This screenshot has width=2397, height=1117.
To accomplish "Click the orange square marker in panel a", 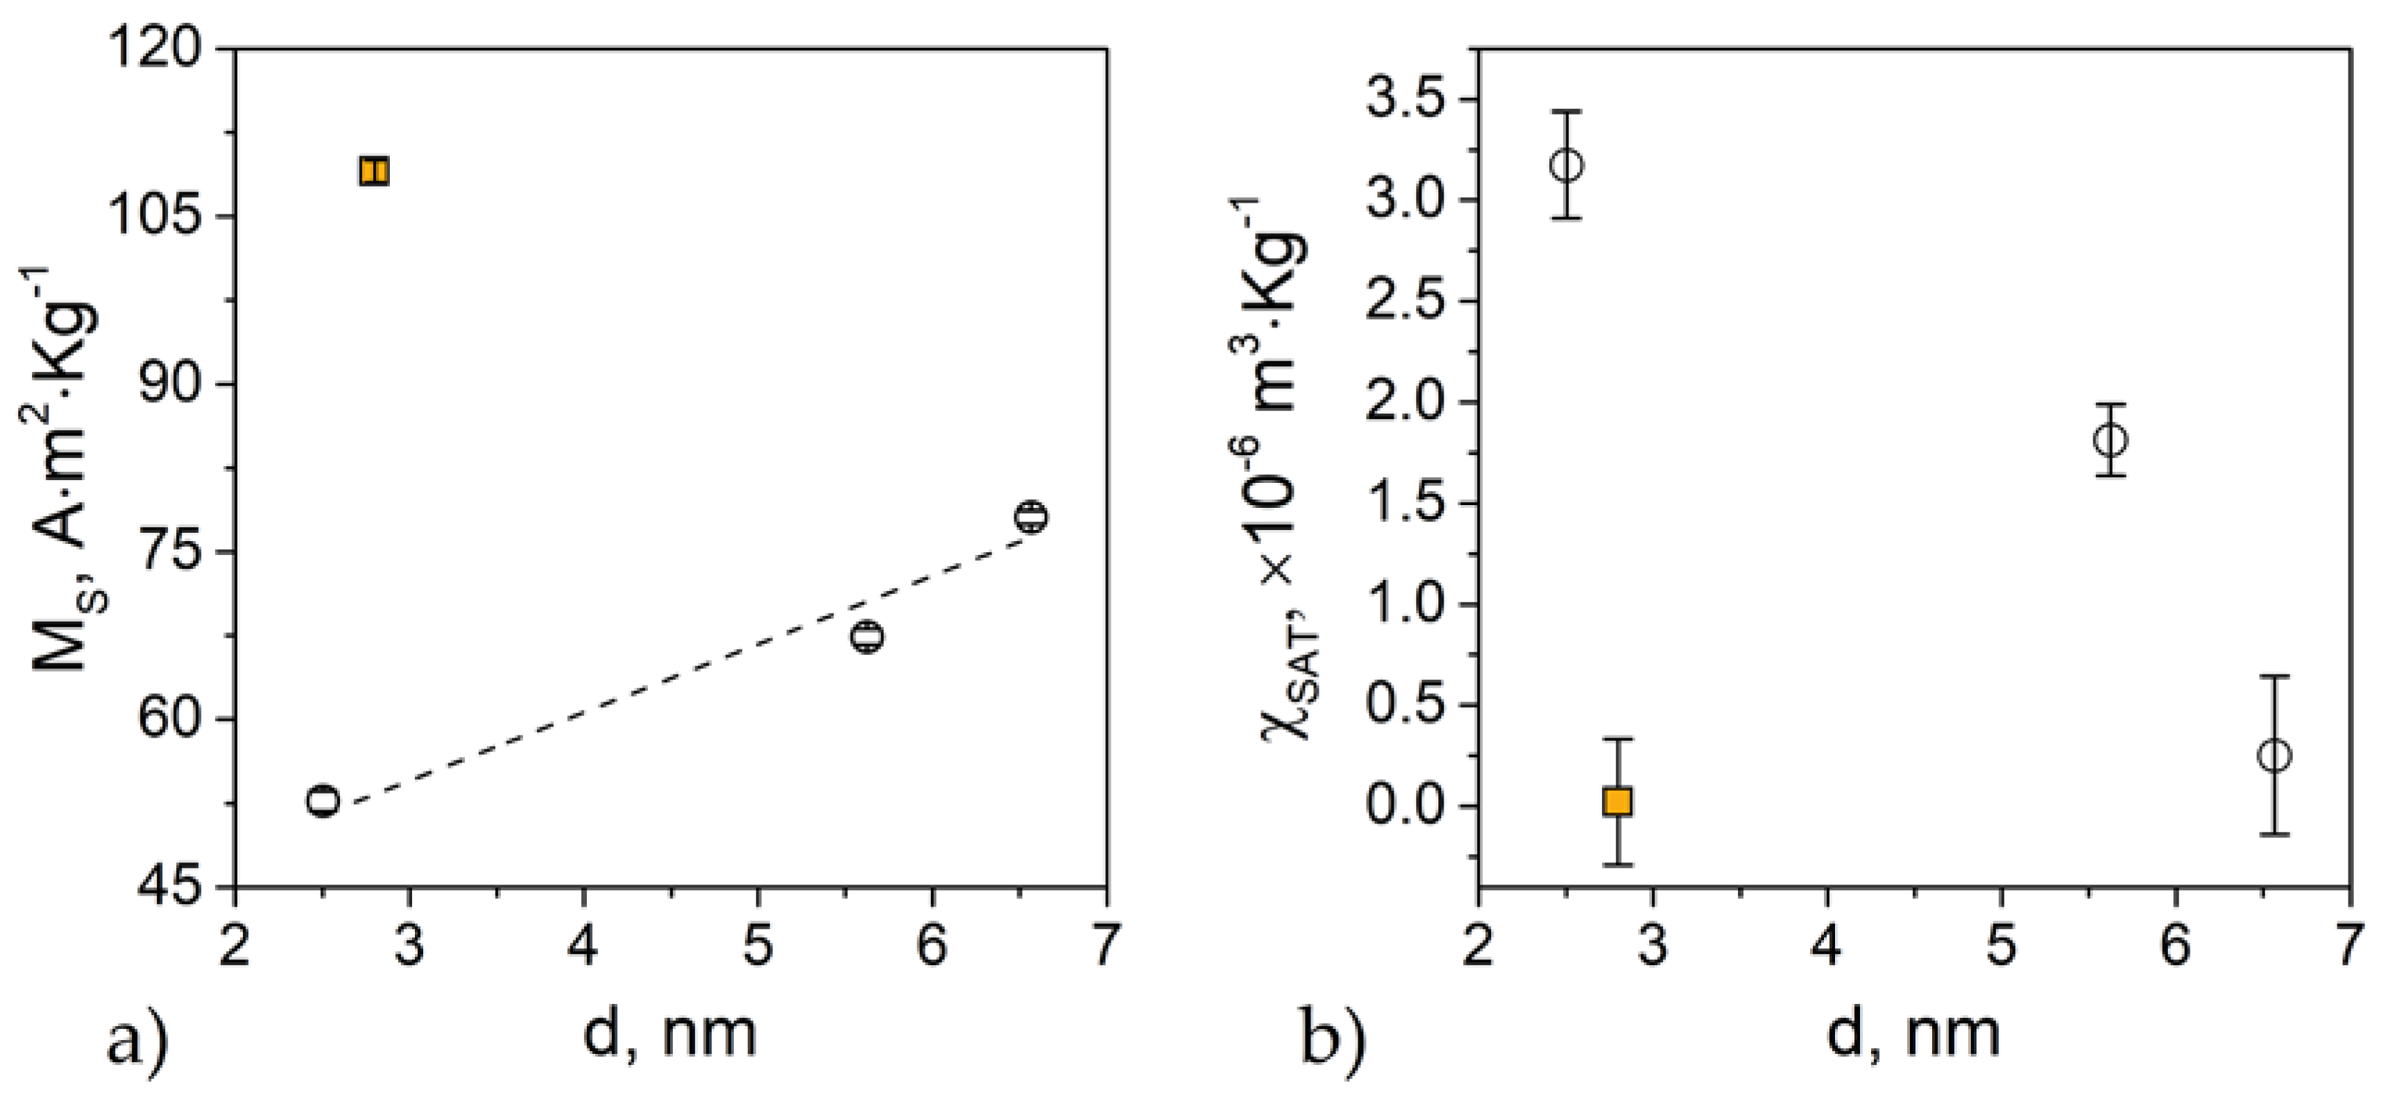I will [x=374, y=171].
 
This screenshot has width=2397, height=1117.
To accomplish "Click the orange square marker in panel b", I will [x=1617, y=801].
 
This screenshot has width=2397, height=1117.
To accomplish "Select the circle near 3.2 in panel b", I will [x=1567, y=166].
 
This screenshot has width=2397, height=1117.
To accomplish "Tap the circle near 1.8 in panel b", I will [x=2110, y=439].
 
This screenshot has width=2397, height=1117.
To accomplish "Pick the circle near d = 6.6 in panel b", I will [x=2274, y=756].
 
